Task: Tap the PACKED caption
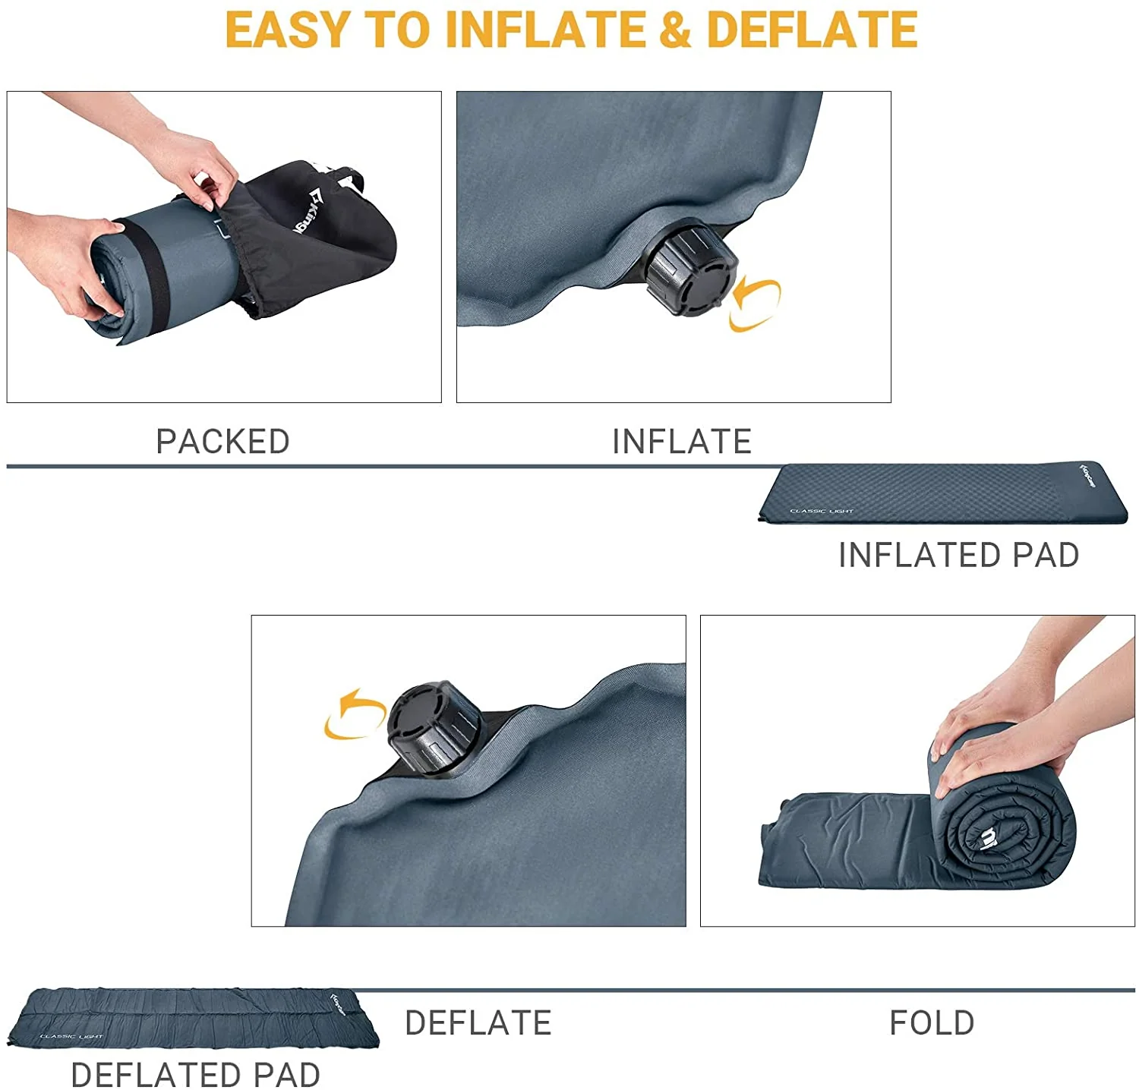[222, 442]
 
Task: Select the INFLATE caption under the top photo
[681, 442]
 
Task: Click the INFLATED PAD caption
[958, 555]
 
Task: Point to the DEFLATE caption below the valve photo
[478, 1023]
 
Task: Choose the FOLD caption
[932, 1023]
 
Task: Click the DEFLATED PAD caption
[195, 1075]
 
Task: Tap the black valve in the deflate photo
[434, 727]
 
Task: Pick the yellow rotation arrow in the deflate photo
[354, 714]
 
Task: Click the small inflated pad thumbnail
[943, 493]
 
